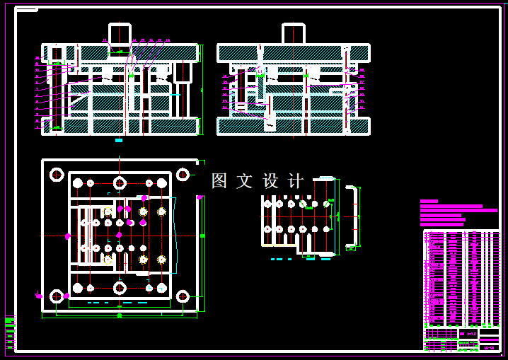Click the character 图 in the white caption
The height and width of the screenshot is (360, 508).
219,181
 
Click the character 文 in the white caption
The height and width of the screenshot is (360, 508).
245,181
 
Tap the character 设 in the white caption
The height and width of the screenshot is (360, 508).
271,181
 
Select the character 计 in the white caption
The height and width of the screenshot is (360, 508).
296,181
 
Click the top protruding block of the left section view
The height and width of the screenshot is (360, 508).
120,33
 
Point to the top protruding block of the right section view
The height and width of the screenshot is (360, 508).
294,33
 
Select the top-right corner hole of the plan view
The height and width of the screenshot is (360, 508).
183,174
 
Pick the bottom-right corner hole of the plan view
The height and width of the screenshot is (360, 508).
183,296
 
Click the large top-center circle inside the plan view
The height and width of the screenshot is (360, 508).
120,183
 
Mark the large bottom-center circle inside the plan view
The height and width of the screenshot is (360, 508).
120,287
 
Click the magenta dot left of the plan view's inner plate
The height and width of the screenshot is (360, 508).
68,236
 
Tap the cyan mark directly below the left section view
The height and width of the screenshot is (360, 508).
119,140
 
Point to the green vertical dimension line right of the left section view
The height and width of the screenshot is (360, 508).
202,90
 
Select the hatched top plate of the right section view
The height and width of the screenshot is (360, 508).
294,53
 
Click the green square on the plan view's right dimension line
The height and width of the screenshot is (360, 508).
202,235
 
